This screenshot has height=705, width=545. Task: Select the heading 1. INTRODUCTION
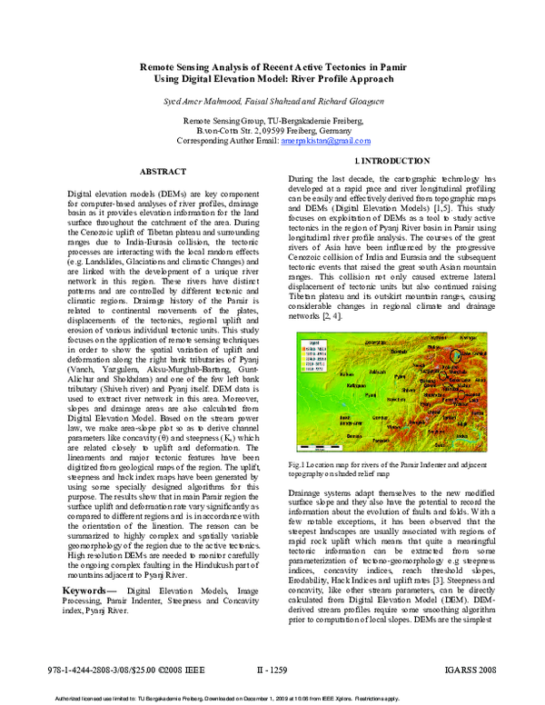pos(382,160)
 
